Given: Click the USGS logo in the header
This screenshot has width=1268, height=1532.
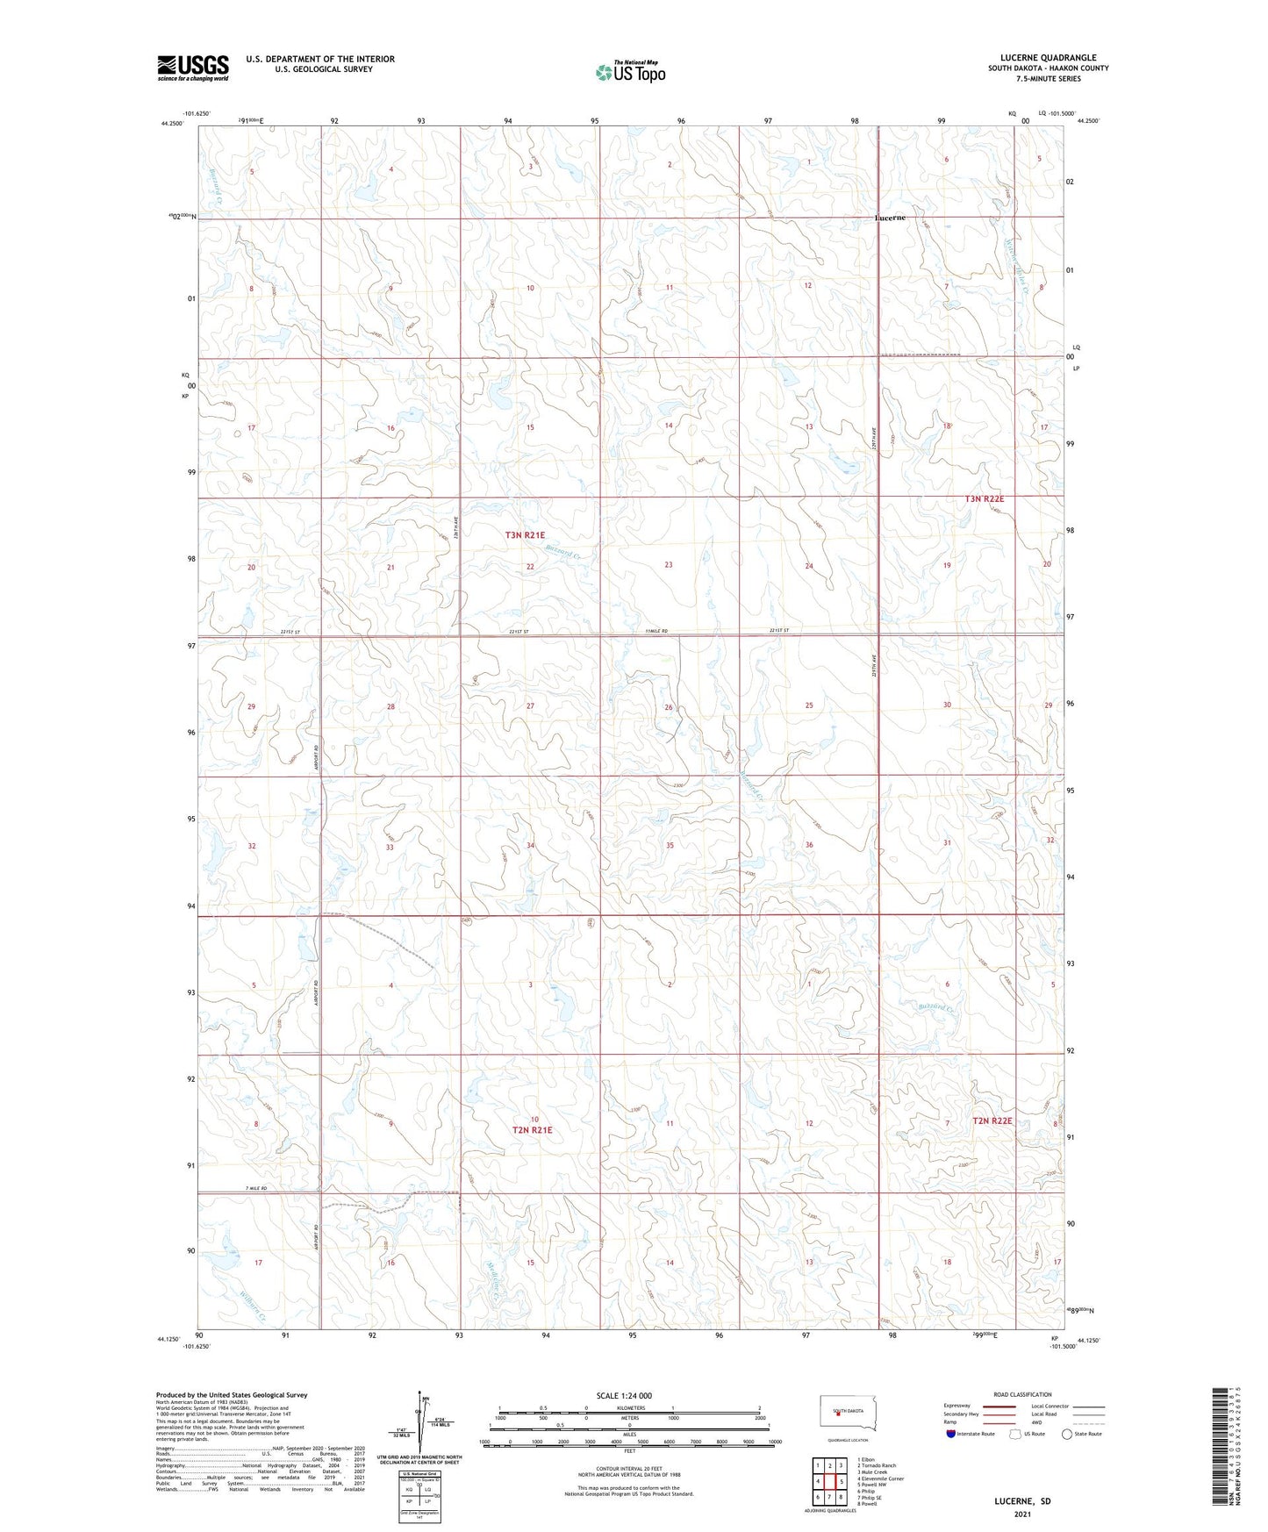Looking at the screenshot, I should (192, 68).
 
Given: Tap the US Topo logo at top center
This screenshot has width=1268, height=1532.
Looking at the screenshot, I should (629, 72).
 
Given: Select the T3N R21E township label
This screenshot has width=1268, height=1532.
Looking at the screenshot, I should (525, 534).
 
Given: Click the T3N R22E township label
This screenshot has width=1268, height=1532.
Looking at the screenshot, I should (984, 498).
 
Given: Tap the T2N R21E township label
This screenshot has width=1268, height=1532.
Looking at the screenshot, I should (533, 1130).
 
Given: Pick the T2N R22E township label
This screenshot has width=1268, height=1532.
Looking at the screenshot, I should (992, 1120).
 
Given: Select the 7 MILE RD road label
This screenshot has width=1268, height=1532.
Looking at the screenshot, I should (255, 1188).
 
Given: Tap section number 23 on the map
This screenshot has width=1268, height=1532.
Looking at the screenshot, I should (669, 565).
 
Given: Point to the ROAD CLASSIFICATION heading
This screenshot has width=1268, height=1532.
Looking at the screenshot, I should (1022, 1394).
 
